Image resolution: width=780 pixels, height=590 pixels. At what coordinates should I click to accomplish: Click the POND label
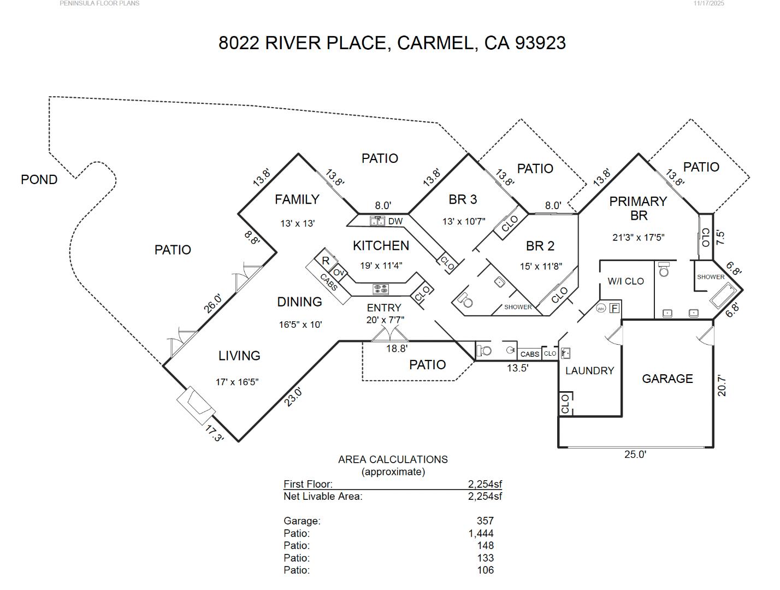tap(39, 180)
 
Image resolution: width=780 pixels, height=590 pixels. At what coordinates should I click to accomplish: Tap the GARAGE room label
tap(667, 379)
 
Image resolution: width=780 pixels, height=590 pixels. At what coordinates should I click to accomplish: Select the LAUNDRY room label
tap(589, 370)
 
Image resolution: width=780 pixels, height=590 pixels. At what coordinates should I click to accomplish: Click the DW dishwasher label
tap(395, 221)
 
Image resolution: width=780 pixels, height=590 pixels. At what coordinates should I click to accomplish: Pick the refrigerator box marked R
tap(326, 261)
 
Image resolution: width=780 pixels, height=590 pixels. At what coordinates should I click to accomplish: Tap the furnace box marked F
tap(614, 308)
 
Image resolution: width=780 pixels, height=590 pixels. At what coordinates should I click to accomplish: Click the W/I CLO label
tap(625, 281)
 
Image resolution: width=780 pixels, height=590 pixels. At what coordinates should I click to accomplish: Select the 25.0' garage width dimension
tap(635, 455)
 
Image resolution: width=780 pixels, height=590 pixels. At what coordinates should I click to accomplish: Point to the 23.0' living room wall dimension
tap(293, 397)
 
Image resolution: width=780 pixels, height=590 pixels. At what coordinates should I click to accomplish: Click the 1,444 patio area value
tap(481, 533)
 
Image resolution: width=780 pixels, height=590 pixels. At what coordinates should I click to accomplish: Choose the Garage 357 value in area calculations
tap(484, 521)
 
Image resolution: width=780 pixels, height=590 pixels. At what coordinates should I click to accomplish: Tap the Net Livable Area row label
tap(323, 496)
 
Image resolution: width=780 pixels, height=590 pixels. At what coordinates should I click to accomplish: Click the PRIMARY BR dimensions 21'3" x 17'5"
tap(638, 238)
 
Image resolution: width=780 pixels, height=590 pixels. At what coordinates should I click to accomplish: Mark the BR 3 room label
tap(463, 200)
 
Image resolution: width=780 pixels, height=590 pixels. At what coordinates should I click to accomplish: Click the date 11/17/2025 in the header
tap(708, 3)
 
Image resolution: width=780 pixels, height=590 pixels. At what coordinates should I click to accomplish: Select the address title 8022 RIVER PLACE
tap(303, 43)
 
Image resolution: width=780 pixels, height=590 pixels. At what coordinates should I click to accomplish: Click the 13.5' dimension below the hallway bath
tap(517, 368)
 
